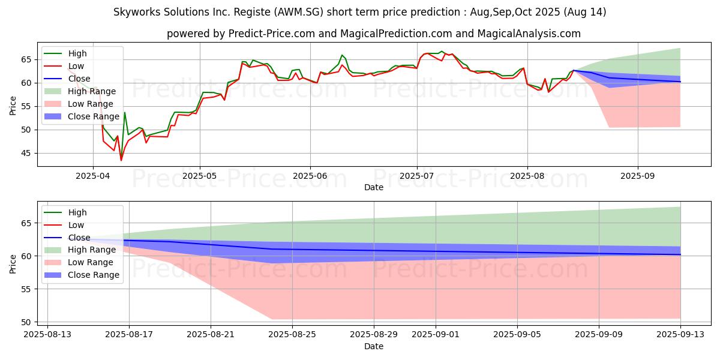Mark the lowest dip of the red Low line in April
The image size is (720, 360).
click(121, 160)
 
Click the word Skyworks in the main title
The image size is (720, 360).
click(138, 12)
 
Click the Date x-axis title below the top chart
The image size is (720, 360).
click(373, 187)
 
